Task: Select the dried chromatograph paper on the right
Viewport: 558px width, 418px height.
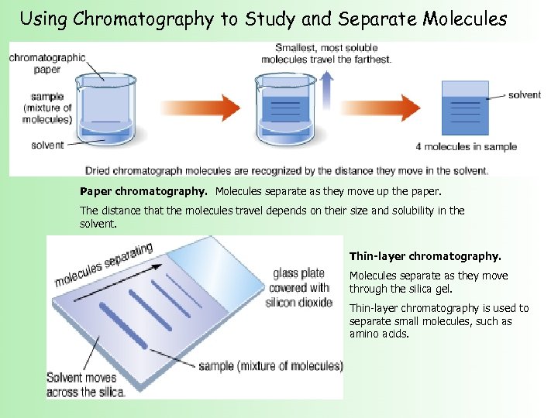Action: point(464,109)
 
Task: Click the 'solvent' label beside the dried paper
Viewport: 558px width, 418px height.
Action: point(525,95)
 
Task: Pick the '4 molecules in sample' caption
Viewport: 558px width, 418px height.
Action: point(466,146)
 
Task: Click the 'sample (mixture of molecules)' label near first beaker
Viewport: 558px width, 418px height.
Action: point(52,108)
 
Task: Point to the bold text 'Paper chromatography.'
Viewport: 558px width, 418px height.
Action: point(145,190)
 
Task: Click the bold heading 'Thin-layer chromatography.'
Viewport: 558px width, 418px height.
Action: point(425,255)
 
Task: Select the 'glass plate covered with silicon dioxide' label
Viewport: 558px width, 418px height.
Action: point(301,288)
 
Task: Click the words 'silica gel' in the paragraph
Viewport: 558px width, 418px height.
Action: point(429,289)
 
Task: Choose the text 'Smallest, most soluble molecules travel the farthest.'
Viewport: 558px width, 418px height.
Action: point(325,53)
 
